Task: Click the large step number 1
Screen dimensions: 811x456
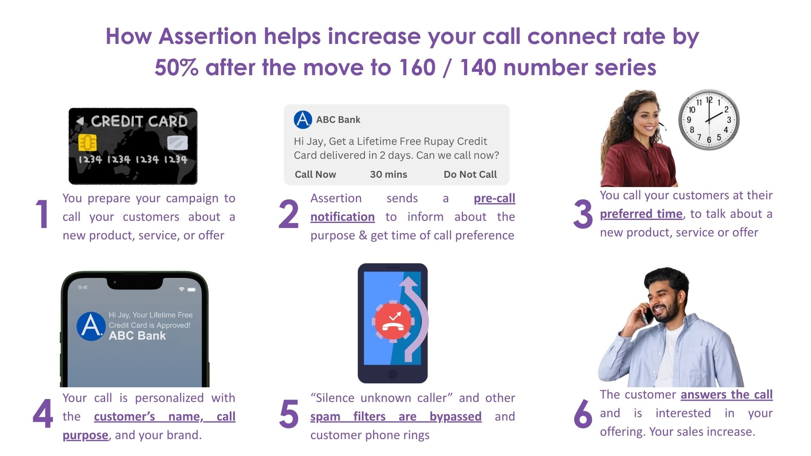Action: point(42,214)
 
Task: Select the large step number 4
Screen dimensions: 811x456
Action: point(43,413)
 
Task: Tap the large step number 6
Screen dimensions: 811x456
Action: point(583,413)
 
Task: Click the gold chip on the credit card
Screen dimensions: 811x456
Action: point(87,143)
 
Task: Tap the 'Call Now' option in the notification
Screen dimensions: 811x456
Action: point(315,174)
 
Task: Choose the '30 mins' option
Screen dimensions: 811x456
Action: point(389,174)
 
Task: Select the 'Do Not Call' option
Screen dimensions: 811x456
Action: point(470,174)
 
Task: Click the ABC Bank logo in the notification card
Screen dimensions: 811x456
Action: point(303,119)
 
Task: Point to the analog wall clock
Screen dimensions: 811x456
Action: point(709,119)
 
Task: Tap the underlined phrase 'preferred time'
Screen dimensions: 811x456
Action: point(641,214)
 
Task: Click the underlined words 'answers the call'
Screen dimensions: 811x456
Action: point(727,394)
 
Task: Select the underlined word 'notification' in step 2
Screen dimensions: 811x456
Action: point(343,217)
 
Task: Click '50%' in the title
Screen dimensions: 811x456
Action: point(176,68)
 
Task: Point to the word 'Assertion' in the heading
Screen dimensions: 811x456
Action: point(208,36)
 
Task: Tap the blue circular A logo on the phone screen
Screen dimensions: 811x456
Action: point(91,326)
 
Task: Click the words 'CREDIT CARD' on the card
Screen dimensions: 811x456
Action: point(139,121)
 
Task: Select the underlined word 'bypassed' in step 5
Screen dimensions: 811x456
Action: point(455,417)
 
